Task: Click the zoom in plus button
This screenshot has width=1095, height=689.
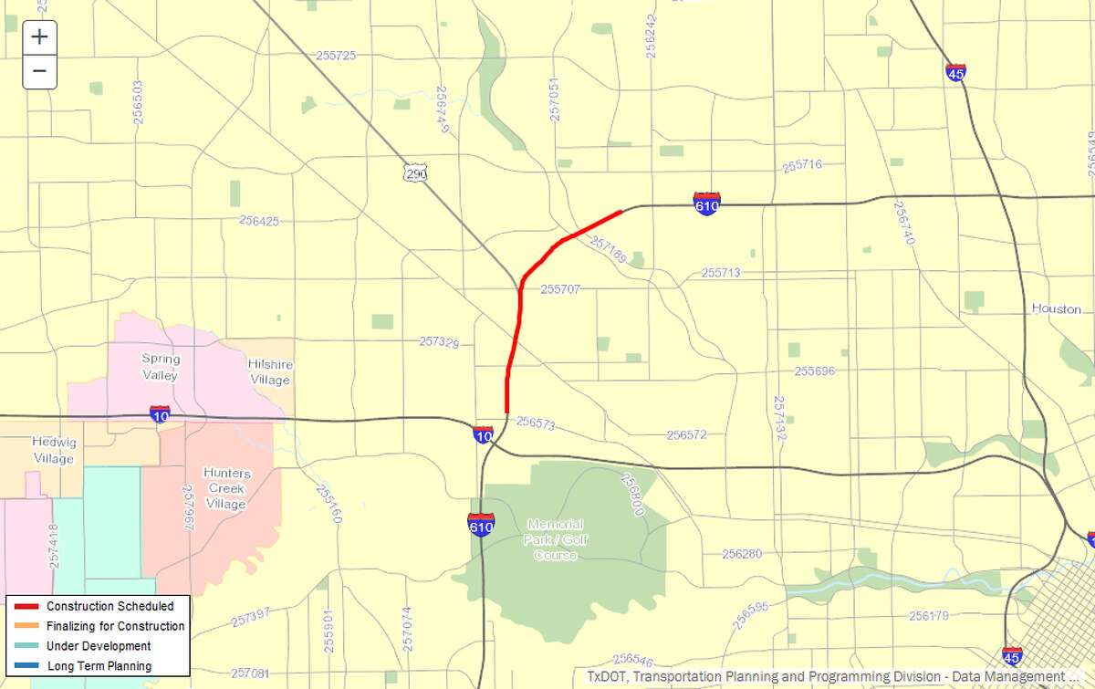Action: [39, 37]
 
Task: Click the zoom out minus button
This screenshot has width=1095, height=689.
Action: [39, 70]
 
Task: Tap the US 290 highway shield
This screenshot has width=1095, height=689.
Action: [417, 172]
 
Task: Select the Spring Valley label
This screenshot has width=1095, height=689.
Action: [160, 367]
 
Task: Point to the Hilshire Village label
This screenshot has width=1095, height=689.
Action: [269, 371]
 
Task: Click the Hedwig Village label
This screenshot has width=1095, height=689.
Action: [53, 450]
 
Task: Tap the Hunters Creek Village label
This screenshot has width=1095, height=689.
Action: [225, 488]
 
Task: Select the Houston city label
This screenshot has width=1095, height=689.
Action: [1056, 308]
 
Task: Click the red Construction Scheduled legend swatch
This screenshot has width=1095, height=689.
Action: [26, 607]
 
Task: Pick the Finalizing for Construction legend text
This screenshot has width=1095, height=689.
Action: [115, 626]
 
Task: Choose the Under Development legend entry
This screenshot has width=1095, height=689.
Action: [99, 646]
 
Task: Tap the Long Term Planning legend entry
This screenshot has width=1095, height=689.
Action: [99, 666]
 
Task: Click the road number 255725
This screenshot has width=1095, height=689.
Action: [336, 56]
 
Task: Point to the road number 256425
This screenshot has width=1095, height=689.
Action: [259, 221]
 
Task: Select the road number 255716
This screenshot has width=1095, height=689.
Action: [802, 165]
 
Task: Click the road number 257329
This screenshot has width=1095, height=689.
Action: [439, 342]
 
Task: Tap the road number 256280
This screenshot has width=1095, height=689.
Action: [741, 554]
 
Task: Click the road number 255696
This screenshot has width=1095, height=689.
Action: [814, 371]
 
